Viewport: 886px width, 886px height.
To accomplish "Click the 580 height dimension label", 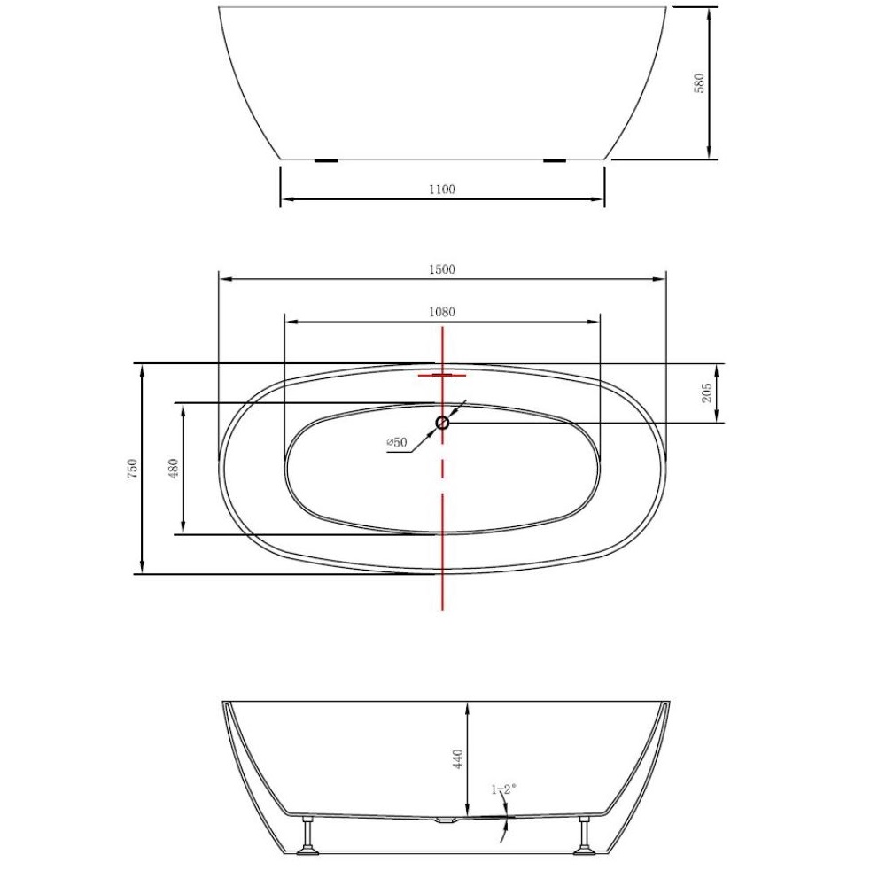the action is tap(700, 83).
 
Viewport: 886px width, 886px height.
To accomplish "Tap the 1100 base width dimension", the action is tap(442, 190).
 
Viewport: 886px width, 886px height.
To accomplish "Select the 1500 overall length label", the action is tap(442, 269).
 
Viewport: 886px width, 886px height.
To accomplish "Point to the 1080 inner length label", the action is tap(442, 312).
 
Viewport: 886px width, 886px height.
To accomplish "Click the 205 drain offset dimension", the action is tap(707, 392).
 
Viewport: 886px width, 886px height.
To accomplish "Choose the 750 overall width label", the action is tap(132, 469).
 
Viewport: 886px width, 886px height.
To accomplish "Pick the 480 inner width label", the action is tap(174, 469).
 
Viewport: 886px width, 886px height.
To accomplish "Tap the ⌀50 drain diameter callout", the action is tap(397, 442).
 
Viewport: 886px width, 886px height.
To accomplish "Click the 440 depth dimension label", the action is tap(458, 758).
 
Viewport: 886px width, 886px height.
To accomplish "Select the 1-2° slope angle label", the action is tap(504, 789).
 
